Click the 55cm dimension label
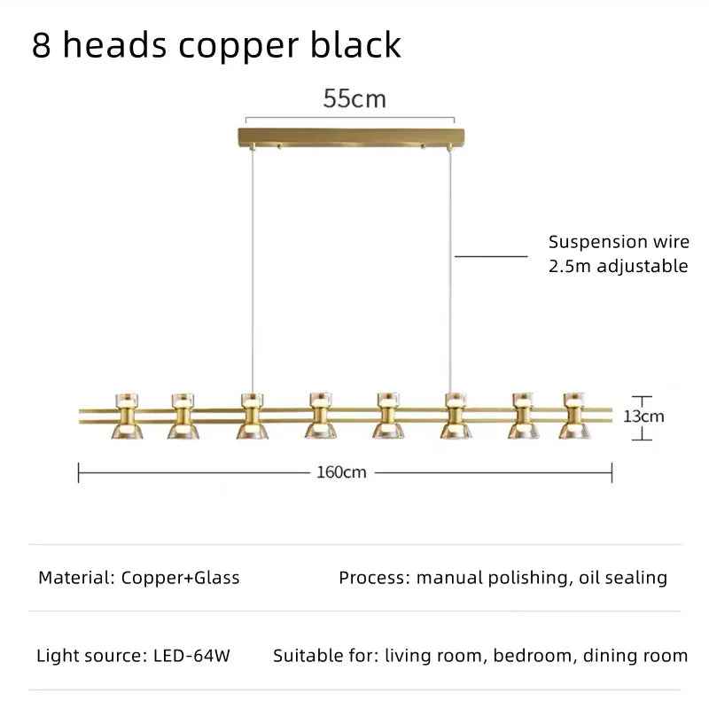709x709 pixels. click(354, 98)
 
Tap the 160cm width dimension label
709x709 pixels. click(341, 472)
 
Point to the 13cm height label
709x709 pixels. click(644, 415)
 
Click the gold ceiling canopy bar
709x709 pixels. click(352, 137)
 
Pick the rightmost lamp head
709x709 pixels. click(575, 415)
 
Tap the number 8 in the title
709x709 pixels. click(41, 45)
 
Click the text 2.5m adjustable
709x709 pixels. click(618, 266)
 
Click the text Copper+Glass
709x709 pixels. click(180, 579)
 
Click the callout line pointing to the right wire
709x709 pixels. click(492, 256)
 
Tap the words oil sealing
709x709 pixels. click(624, 579)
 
